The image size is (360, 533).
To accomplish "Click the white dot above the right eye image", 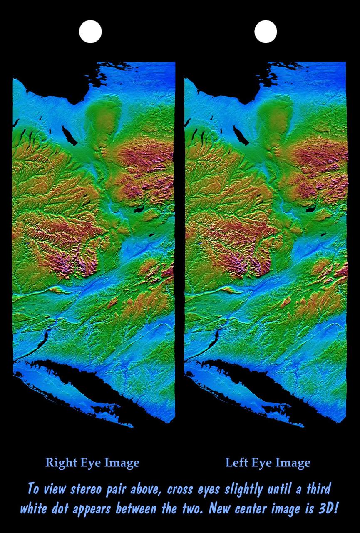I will pos(90,32).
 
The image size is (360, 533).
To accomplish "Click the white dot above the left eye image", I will pos(266,32).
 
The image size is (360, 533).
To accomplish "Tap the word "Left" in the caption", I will pos(236,463).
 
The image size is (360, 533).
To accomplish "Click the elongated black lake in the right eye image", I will pos(69,135).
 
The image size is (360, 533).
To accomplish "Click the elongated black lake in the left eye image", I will pos(240,135).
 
